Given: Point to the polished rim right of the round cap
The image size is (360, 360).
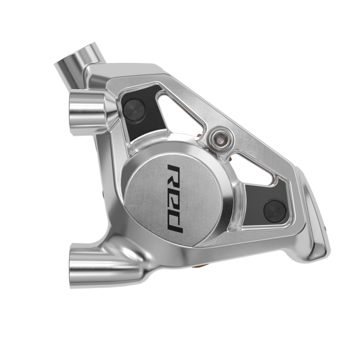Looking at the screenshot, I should click(231, 207).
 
